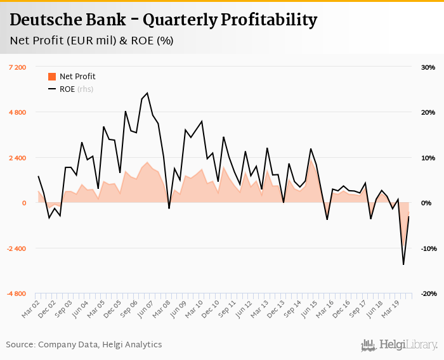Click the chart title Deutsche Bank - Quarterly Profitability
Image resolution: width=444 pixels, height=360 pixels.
pos(163,20)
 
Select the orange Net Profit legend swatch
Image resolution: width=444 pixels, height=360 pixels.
pos(52,77)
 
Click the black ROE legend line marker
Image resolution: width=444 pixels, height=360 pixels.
pos(52,89)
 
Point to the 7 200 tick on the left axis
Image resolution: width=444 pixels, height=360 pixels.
pos(17,67)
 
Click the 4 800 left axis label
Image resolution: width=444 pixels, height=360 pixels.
pos(17,113)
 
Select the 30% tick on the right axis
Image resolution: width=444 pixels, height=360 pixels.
pos(427,67)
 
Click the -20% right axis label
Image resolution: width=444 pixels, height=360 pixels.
pos(426,294)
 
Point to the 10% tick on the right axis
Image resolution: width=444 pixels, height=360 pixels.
pos(427,158)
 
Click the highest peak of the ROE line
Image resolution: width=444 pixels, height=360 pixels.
pos(147,93)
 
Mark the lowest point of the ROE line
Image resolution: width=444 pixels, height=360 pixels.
pos(403,264)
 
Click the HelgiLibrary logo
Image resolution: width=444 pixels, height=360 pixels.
pos(400,345)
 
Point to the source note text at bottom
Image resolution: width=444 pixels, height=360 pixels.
pos(84,345)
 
